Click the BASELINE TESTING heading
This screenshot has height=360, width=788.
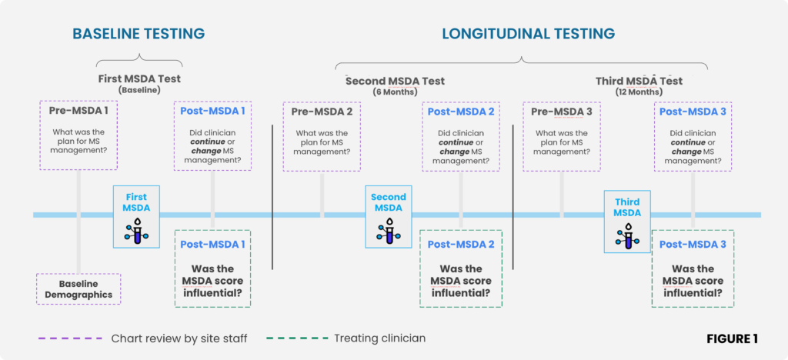[x=139, y=34]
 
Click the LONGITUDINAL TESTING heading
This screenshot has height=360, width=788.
[x=528, y=34]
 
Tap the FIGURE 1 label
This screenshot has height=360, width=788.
[x=733, y=339]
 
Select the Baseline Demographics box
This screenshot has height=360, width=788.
[x=78, y=289]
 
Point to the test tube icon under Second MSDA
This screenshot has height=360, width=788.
[x=389, y=231]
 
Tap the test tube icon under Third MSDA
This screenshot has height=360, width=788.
[x=627, y=235]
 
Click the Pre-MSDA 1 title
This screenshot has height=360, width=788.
[x=78, y=112]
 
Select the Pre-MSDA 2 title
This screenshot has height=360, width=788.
[x=322, y=112]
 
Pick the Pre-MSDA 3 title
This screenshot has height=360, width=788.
[x=561, y=112]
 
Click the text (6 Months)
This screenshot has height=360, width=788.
[x=395, y=92]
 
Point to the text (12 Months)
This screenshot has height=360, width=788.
[x=639, y=92]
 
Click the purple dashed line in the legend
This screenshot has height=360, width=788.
[x=70, y=339]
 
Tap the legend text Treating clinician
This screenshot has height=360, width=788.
[x=380, y=338]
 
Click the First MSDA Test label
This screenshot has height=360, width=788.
[x=139, y=79]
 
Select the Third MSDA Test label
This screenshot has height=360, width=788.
[x=639, y=82]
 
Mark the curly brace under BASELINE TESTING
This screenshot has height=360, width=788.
[x=139, y=60]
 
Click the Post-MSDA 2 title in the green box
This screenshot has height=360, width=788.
[x=461, y=245]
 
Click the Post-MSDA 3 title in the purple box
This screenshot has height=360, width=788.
[x=693, y=112]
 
